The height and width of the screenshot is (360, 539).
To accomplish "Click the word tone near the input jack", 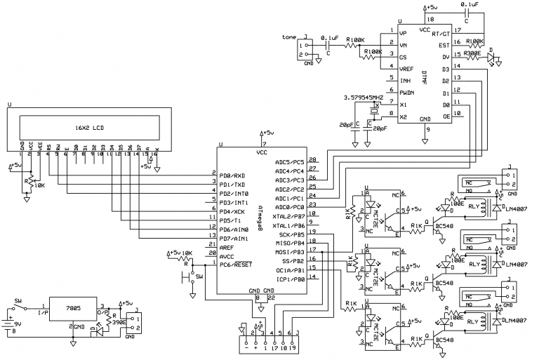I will point(288,36).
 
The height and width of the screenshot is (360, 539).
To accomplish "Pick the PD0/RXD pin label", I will point(233,175).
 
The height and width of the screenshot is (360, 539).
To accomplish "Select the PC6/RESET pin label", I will point(237,264).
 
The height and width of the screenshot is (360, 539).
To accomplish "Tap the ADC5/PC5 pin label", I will point(289,162).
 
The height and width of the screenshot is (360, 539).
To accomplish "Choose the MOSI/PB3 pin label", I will point(290,252).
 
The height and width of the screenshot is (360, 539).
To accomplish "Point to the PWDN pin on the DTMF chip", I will point(406,92).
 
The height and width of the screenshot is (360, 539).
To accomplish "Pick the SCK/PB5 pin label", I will point(291,234).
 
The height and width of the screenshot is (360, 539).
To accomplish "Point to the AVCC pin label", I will point(227,255).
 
